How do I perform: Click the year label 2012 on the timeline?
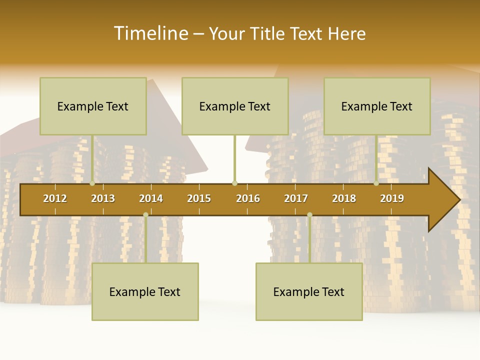click(55, 198)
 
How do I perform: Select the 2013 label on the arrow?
click(103, 198)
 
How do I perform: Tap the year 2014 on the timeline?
click(151, 198)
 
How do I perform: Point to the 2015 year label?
click(199, 198)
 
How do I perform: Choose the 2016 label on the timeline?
click(248, 198)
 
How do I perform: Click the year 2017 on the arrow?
click(296, 198)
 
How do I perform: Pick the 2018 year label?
click(344, 198)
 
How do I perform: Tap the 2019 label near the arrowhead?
click(392, 198)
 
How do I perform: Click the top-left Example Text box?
click(93, 106)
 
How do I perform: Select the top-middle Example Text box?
click(235, 106)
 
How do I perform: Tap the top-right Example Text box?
click(377, 106)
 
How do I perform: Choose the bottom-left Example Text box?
click(145, 291)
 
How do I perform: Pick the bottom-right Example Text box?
click(309, 291)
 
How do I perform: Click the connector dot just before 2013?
click(92, 183)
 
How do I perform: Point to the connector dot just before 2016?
click(234, 183)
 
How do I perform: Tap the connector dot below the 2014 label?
click(145, 214)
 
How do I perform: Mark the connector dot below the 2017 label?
click(309, 214)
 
